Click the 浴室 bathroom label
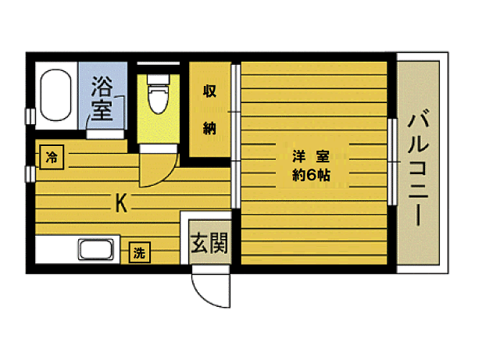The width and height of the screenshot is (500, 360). click(x=102, y=97)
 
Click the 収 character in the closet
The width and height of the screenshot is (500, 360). click(x=210, y=90)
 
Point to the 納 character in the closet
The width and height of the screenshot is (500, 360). click(x=210, y=129)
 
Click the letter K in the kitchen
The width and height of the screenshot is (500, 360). click(x=121, y=205)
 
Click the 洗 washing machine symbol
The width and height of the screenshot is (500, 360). click(x=139, y=253)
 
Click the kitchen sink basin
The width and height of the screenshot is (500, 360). click(x=96, y=251)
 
